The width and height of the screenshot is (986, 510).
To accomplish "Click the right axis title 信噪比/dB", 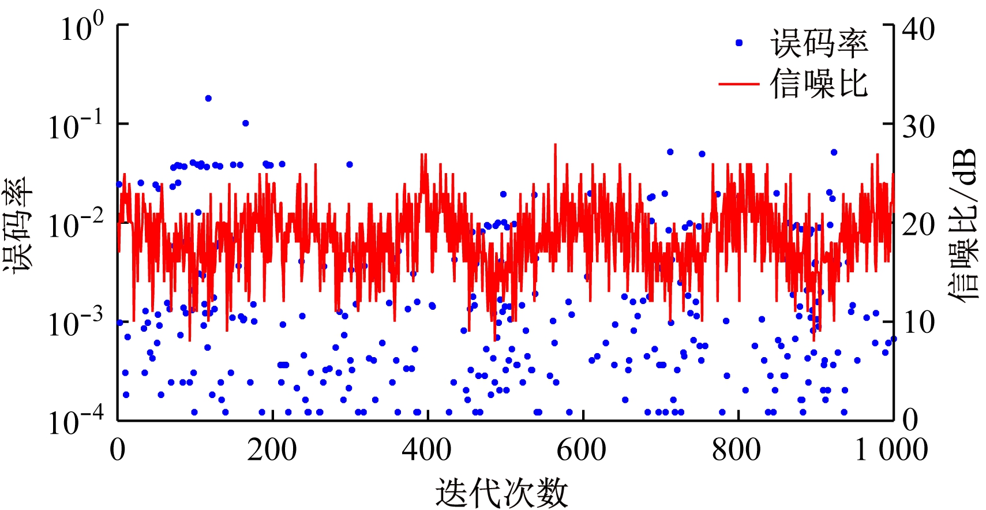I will pos(963,224).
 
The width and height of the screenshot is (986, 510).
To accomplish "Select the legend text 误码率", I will pos(819,44).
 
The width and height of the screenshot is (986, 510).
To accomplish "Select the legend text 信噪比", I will pos(819,84).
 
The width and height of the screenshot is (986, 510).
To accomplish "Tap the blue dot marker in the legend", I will pos(739,43).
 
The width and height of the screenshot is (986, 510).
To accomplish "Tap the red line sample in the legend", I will pos(739,84).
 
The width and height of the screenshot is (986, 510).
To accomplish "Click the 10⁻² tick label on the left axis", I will pos(76,224).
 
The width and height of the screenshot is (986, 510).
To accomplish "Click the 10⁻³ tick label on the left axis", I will pos(76,323).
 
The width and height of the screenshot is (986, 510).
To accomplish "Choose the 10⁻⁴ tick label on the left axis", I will pos(76,422).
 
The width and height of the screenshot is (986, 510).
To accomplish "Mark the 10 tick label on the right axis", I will pos(918,322).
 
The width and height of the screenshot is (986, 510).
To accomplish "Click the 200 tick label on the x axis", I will pos(272,449).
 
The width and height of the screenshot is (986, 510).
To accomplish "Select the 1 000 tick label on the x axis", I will pos(891,449).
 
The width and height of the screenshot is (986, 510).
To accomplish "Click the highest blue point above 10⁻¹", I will pos(208,99).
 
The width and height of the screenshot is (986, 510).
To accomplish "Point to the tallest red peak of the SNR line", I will pos(555,145).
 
